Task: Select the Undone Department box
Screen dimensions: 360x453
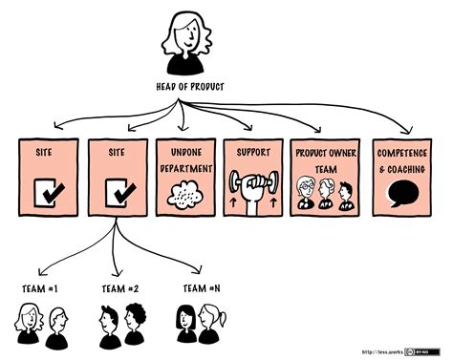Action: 185,178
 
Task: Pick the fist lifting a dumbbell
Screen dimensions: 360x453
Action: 253,190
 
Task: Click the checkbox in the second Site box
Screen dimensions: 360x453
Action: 117,194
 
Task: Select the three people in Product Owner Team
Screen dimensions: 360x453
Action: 322,193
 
